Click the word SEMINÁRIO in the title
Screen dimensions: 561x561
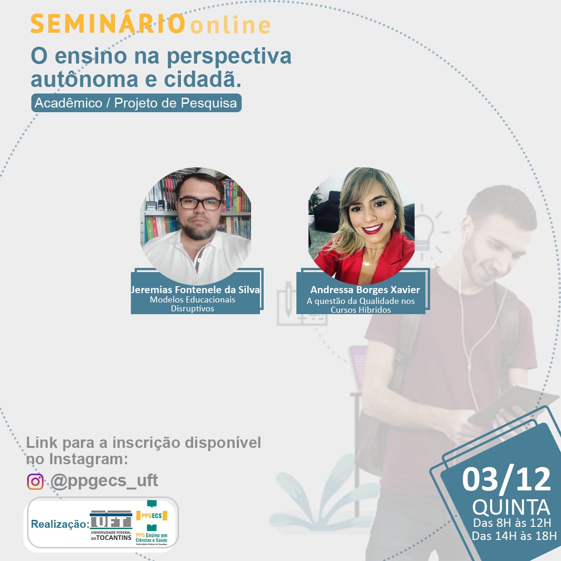click(108, 23)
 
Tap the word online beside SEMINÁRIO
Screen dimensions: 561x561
click(230, 25)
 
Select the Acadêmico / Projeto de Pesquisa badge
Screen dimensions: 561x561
click(136, 103)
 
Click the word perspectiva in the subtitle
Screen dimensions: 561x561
click(229, 57)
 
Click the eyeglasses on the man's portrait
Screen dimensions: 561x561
click(200, 203)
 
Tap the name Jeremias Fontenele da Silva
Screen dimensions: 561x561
click(195, 289)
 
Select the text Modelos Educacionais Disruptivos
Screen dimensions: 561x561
click(193, 304)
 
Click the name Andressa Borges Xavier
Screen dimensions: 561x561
click(365, 289)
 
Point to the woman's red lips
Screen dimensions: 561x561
click(373, 229)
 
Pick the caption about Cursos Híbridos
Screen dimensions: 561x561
click(360, 305)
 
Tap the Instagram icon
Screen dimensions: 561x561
click(35, 481)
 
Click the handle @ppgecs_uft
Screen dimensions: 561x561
click(104, 481)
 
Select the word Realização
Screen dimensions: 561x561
click(60, 524)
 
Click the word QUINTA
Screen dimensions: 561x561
click(511, 507)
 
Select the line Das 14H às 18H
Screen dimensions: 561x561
click(514, 536)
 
